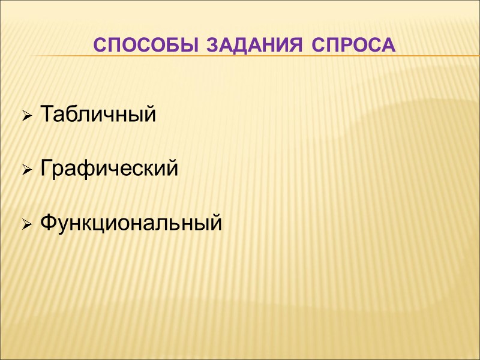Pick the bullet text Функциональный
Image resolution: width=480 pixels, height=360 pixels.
click(x=130, y=224)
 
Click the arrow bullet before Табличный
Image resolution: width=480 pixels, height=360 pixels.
click(x=27, y=115)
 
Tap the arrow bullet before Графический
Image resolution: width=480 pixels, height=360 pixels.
click(x=27, y=170)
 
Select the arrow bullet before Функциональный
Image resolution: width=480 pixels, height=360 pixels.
click(x=27, y=226)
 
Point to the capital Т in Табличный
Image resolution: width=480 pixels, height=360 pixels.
click(x=46, y=113)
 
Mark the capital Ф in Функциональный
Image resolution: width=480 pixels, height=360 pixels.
click(x=48, y=224)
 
